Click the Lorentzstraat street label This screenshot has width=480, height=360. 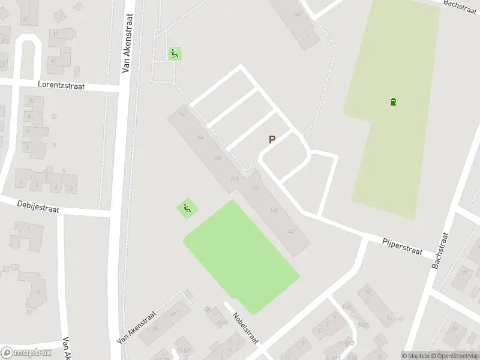61,86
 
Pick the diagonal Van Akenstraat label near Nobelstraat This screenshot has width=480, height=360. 137,327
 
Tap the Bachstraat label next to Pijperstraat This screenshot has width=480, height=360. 443,250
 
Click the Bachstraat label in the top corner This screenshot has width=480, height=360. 460,3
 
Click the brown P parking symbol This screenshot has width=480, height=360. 272,140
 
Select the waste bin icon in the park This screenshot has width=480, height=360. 394,101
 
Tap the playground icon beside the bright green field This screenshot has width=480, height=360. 187,209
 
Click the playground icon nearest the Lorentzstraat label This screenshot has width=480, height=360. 175,53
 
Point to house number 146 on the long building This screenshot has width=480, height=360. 200,137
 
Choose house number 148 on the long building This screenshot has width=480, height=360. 217,158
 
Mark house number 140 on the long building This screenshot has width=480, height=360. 274,211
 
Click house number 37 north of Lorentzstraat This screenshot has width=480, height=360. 55,34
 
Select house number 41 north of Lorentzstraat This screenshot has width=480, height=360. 53,61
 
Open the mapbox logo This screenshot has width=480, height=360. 26,352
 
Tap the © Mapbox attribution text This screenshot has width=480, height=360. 416,356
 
